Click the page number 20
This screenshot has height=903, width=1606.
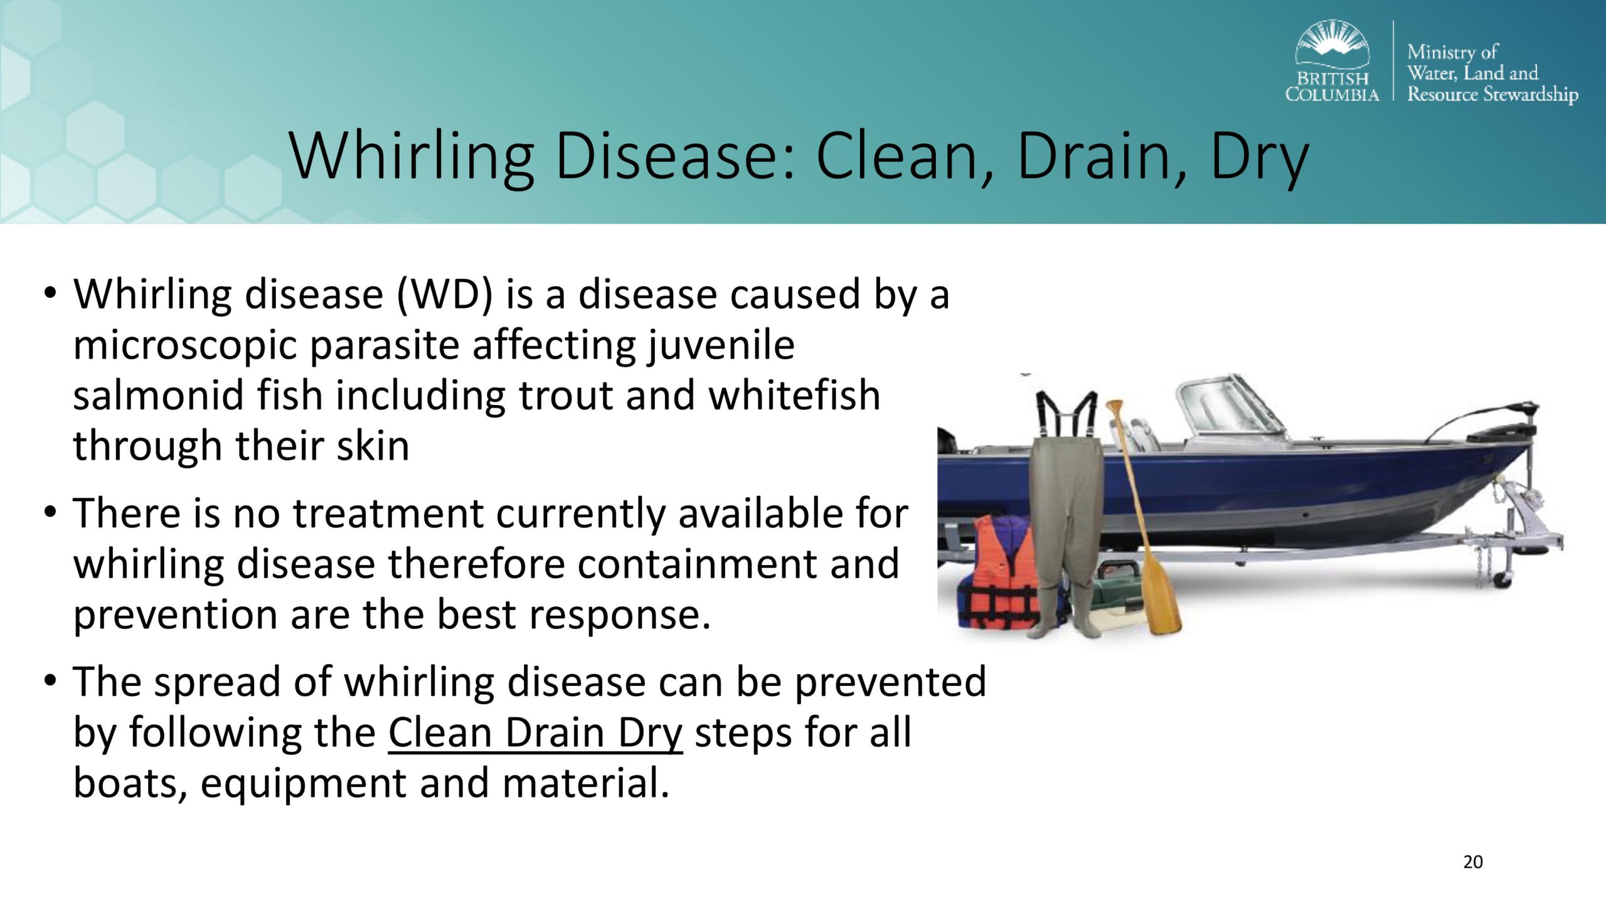tap(1472, 862)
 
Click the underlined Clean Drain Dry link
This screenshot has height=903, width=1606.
tap(535, 733)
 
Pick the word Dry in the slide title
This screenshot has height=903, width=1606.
tap(1258, 156)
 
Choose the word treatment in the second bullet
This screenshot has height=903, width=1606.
tap(388, 513)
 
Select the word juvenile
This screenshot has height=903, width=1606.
tap(721, 345)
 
